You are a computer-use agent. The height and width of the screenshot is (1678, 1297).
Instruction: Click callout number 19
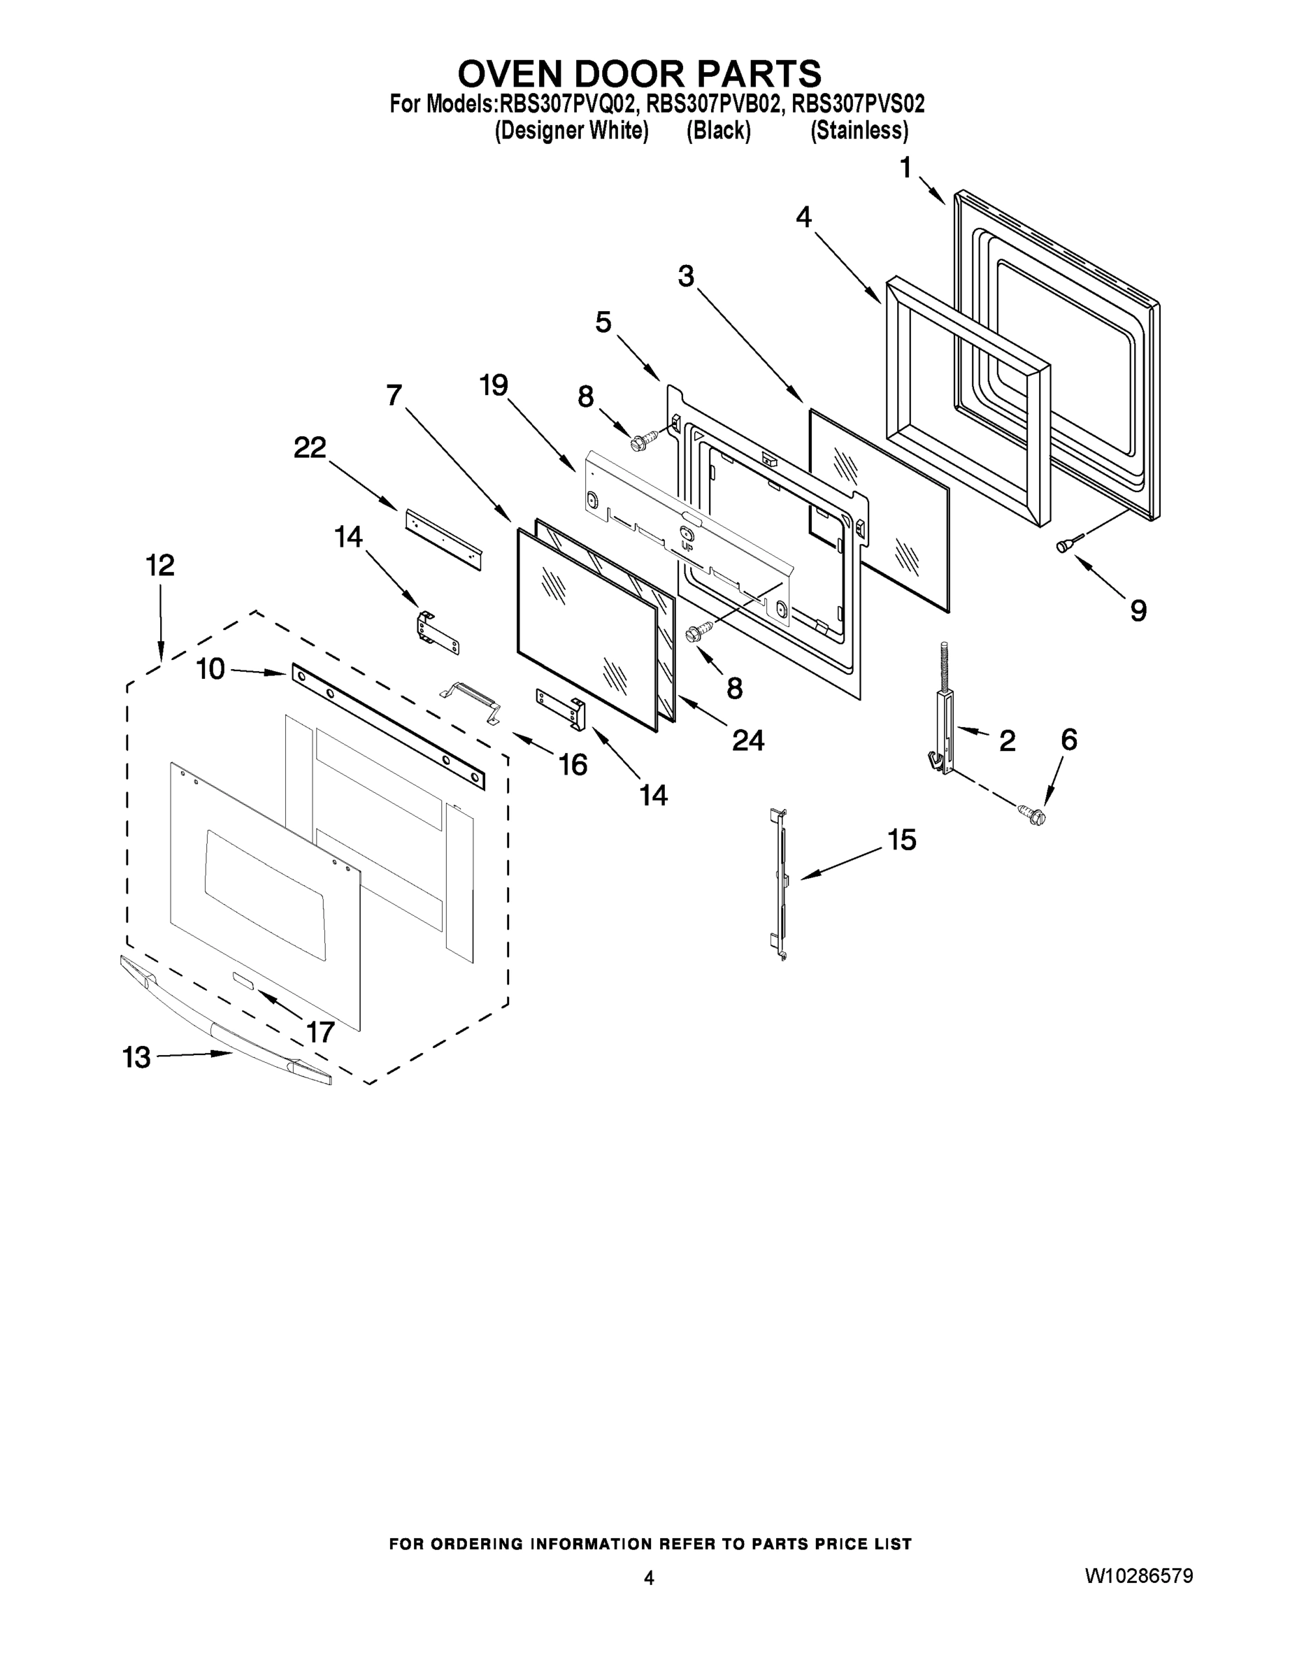point(494,385)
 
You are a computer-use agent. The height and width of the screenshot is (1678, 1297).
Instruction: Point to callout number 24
point(747,740)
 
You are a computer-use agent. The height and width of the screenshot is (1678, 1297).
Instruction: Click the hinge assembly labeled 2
point(943,730)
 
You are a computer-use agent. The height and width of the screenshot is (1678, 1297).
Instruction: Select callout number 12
point(160,566)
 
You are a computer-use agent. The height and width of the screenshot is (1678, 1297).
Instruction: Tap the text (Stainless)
point(859,131)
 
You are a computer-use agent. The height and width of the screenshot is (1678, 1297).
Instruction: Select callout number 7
point(394,396)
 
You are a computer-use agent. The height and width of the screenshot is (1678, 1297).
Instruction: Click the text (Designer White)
point(571,131)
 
